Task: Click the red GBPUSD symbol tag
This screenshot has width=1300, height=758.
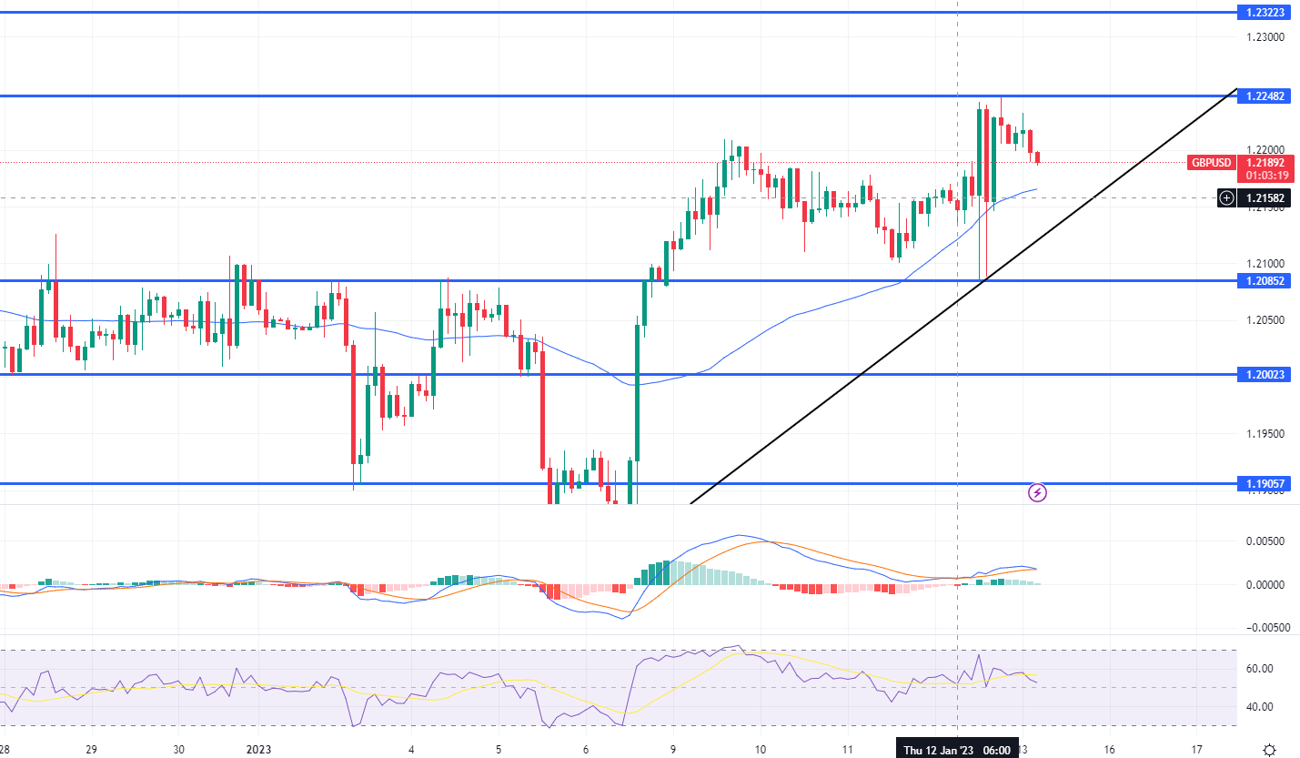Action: pyautogui.click(x=1210, y=163)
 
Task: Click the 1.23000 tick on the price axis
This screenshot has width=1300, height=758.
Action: pyautogui.click(x=1265, y=37)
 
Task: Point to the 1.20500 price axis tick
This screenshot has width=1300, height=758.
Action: pyautogui.click(x=1265, y=320)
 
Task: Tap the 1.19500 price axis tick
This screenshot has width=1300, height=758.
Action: pyautogui.click(x=1265, y=433)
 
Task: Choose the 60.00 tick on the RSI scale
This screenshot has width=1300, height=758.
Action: pyautogui.click(x=1259, y=669)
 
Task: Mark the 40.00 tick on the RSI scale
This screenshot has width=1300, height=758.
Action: pyautogui.click(x=1259, y=707)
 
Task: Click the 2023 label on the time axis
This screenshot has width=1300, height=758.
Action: pyautogui.click(x=258, y=750)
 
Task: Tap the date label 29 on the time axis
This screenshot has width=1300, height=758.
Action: pyautogui.click(x=91, y=750)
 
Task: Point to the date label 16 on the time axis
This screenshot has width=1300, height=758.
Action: pyautogui.click(x=1110, y=750)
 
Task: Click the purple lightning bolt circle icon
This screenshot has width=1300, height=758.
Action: pyautogui.click(x=1037, y=493)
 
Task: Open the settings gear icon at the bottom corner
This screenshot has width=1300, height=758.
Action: pyautogui.click(x=1270, y=750)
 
